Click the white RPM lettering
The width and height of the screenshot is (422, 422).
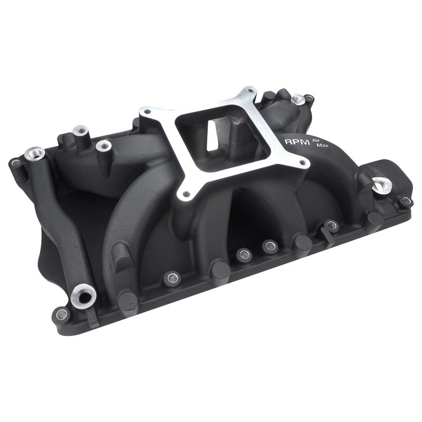[x=297, y=141]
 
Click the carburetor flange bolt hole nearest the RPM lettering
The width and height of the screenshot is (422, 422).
[x=303, y=162]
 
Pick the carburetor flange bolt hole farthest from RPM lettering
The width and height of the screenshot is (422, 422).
[x=147, y=111]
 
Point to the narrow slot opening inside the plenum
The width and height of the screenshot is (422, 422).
[x=212, y=136]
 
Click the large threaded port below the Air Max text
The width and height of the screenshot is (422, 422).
[x=382, y=185]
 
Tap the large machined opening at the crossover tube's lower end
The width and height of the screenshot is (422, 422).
[x=83, y=296]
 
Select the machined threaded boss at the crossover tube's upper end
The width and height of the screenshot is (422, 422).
[x=34, y=154]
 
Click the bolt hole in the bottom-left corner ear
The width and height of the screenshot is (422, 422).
[x=62, y=314]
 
